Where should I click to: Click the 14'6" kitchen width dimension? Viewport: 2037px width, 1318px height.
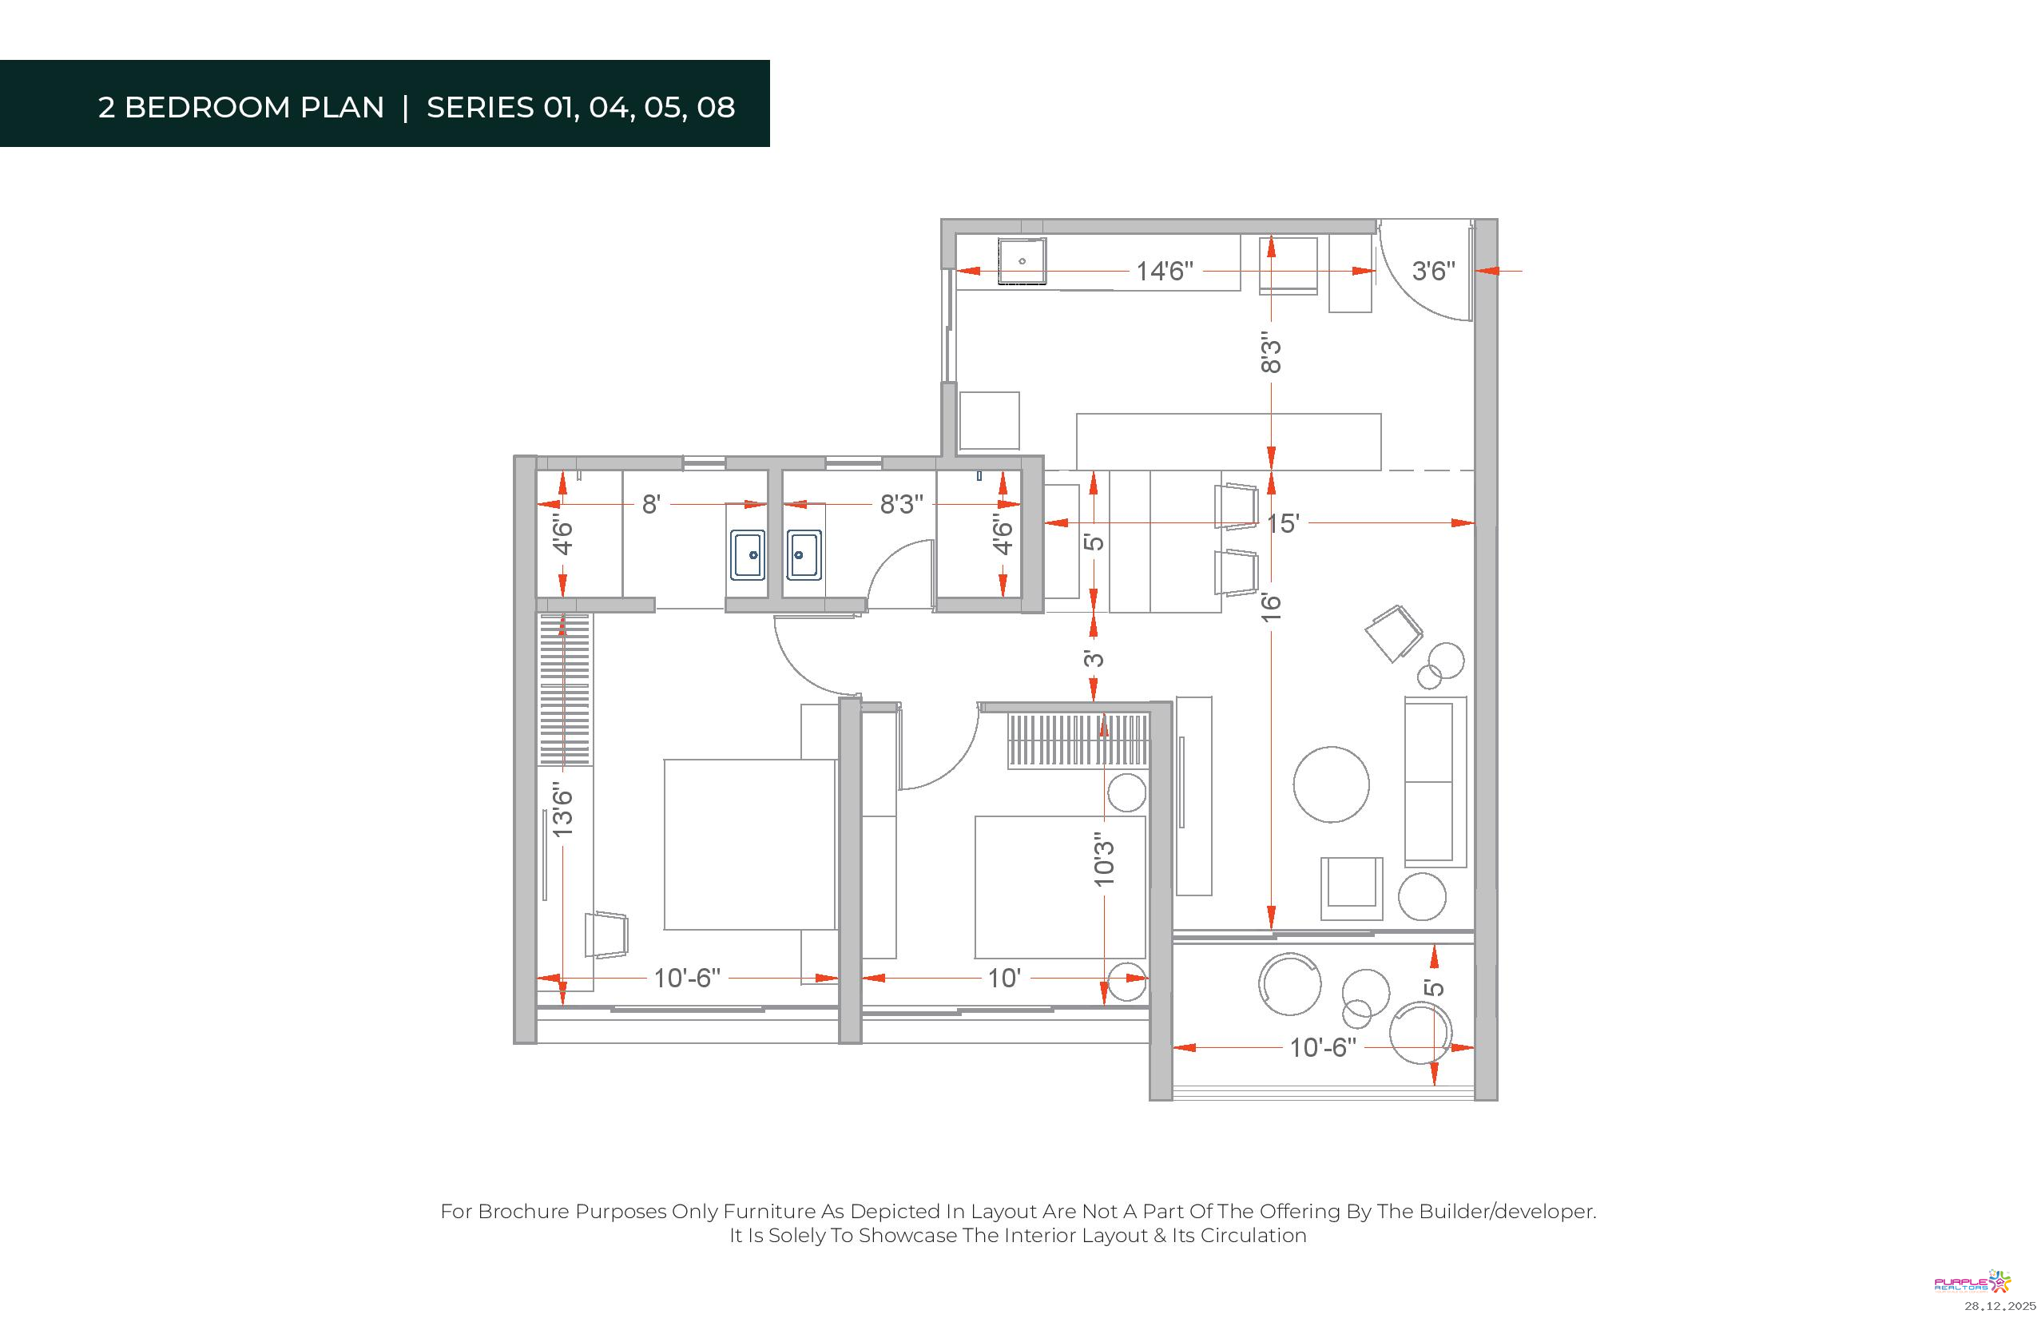[x=1164, y=272]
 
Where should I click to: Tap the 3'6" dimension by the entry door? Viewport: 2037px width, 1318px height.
[x=1434, y=272]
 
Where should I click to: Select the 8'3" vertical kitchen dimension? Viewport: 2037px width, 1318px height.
[x=1272, y=352]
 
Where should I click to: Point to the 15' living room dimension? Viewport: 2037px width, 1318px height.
[x=1283, y=523]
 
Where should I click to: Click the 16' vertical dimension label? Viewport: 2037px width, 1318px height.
[x=1272, y=607]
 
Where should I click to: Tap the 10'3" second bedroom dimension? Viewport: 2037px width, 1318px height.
[x=1105, y=859]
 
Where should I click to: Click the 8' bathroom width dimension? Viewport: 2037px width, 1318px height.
[x=651, y=504]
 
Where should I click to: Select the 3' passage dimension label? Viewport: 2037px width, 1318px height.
[x=1094, y=658]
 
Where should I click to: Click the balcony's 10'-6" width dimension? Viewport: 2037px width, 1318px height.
[x=1323, y=1047]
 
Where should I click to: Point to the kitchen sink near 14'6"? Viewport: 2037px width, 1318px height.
[x=1022, y=261]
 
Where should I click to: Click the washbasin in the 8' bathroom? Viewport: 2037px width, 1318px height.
[x=747, y=555]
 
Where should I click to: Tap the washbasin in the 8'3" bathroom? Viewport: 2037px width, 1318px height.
[x=804, y=555]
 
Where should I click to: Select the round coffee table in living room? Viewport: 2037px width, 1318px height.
[x=1331, y=784]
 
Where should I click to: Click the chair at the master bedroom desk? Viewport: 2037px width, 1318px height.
[x=606, y=935]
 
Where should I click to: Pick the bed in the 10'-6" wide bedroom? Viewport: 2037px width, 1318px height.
[x=750, y=844]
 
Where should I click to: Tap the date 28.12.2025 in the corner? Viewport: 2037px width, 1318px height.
[x=2000, y=1306]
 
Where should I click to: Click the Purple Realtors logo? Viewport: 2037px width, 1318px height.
[x=1972, y=1282]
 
